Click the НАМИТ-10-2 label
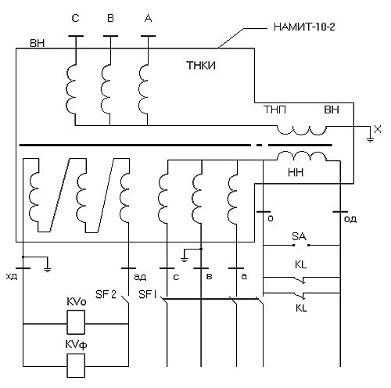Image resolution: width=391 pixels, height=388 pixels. (304, 27)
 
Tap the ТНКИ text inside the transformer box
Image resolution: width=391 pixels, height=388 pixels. (201, 66)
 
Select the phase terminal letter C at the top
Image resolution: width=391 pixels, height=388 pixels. (75, 18)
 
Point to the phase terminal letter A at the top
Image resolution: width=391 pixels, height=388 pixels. (148, 18)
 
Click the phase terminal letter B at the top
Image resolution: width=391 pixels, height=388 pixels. (110, 18)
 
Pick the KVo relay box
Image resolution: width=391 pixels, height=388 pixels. (76, 322)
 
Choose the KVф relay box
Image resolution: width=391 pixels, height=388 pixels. (76, 365)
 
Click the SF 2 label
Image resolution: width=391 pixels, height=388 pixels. (106, 294)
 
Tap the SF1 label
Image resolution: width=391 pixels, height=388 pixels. (148, 294)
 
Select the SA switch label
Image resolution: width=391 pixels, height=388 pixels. (299, 236)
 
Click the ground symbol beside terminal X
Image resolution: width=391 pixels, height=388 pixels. (370, 139)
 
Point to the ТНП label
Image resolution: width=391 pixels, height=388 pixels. (274, 110)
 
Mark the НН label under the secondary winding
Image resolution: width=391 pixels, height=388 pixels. (296, 172)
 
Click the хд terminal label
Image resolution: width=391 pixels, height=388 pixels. (12, 276)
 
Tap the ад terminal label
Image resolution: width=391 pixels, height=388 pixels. (140, 277)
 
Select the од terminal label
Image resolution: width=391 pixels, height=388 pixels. (350, 219)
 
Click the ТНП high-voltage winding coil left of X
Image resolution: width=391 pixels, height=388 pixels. (301, 130)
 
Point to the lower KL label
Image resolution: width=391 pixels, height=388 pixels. (301, 308)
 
